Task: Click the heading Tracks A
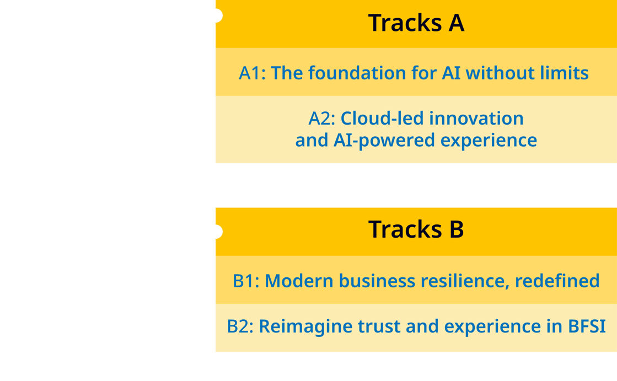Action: tap(416, 23)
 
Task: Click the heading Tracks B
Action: tap(416, 229)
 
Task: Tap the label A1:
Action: tap(252, 73)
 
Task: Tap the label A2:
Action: tap(322, 119)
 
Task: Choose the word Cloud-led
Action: tap(382, 118)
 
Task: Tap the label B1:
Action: tap(246, 281)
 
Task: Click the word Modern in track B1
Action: tap(299, 281)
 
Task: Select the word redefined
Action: tap(557, 281)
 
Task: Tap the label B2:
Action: tap(240, 326)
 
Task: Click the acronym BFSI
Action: tap(587, 326)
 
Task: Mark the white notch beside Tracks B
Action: tap(219, 232)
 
